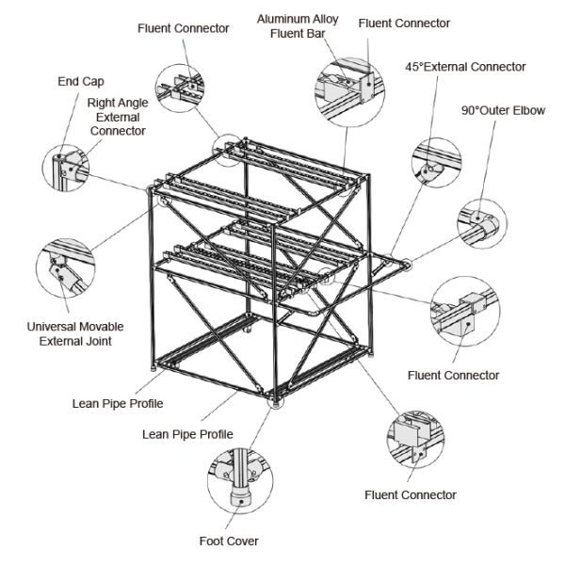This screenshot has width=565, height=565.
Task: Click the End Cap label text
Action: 81,81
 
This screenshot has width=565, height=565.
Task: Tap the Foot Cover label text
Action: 229,541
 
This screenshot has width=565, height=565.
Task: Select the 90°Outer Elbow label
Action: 503,110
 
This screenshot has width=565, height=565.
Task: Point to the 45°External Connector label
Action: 465,67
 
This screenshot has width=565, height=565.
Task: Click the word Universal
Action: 51,327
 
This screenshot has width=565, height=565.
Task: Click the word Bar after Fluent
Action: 316,34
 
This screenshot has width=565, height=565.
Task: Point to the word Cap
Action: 93,82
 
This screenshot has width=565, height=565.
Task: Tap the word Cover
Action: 244,541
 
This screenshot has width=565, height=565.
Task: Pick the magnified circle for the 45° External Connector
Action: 436,163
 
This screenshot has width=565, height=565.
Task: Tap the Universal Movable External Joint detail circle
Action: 66,268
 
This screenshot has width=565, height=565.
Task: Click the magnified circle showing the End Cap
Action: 66,168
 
